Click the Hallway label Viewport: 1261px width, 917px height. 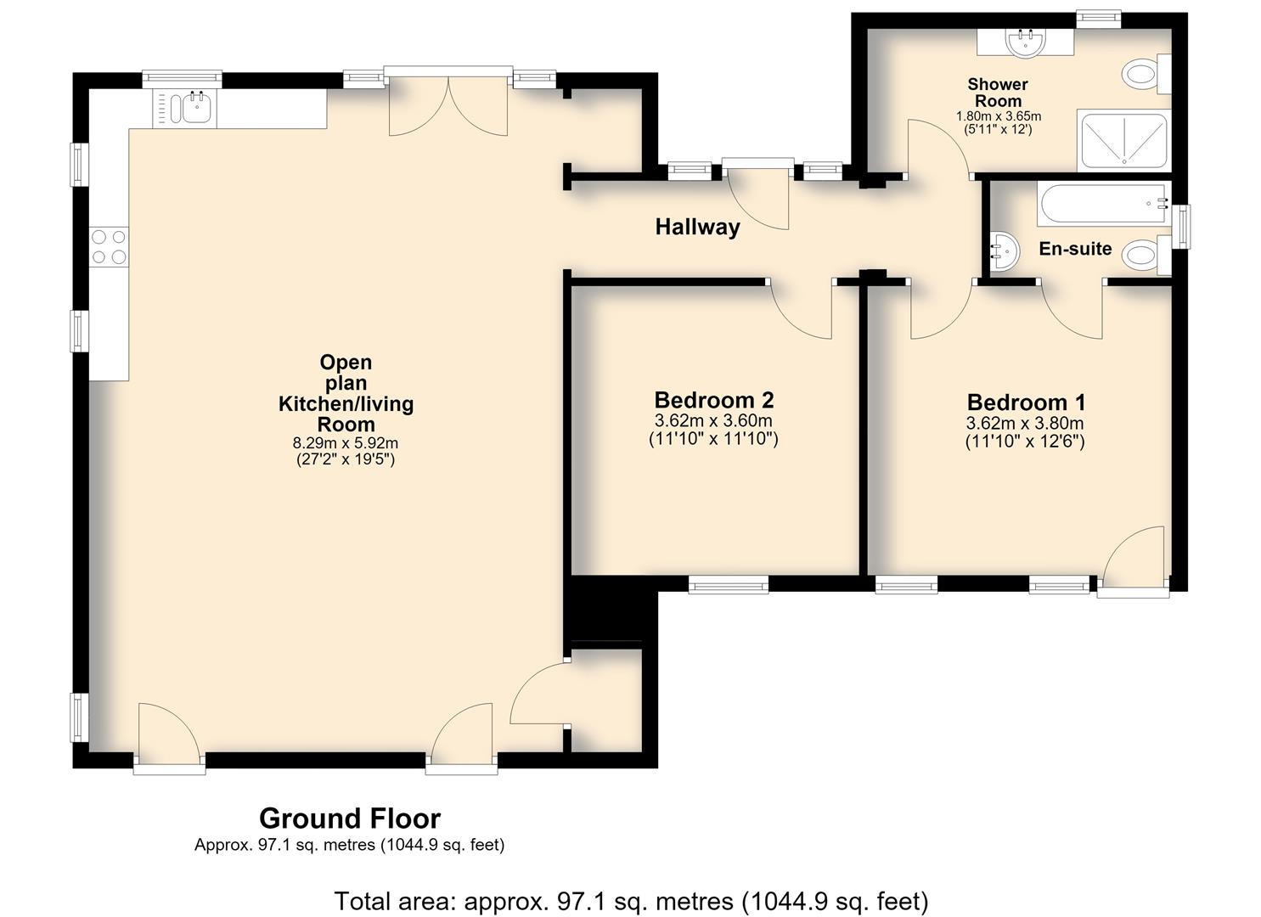[697, 227]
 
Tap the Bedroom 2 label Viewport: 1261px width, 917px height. [714, 400]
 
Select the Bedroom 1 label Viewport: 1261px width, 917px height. [1026, 402]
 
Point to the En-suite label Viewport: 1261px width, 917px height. [1075, 248]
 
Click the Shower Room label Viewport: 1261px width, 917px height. [998, 93]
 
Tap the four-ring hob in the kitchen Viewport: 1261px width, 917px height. [110, 247]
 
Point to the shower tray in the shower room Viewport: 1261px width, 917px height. [1123, 140]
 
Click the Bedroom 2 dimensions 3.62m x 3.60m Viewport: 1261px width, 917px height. [714, 420]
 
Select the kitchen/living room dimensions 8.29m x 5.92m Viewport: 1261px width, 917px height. [346, 443]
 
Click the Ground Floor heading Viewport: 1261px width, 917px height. [350, 819]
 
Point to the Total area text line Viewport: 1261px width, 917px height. [631, 901]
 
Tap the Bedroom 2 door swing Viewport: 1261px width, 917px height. [801, 310]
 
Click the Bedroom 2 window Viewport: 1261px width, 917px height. [729, 584]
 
